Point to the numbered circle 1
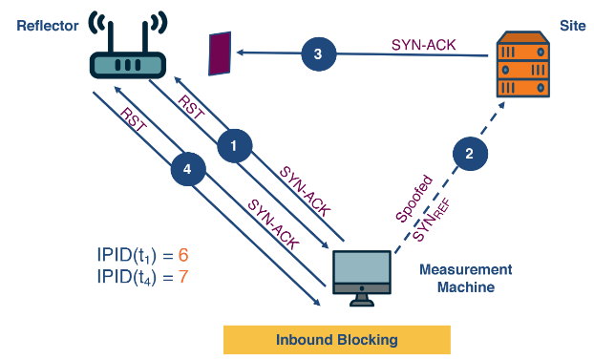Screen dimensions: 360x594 click(235, 145)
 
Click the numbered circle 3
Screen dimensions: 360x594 click(319, 54)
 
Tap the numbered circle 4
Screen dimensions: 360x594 click(188, 170)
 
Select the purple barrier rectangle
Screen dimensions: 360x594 click(221, 53)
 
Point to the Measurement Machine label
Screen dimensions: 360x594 click(465, 278)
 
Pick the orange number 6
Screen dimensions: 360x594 click(182, 255)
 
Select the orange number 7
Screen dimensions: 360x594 click(182, 277)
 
